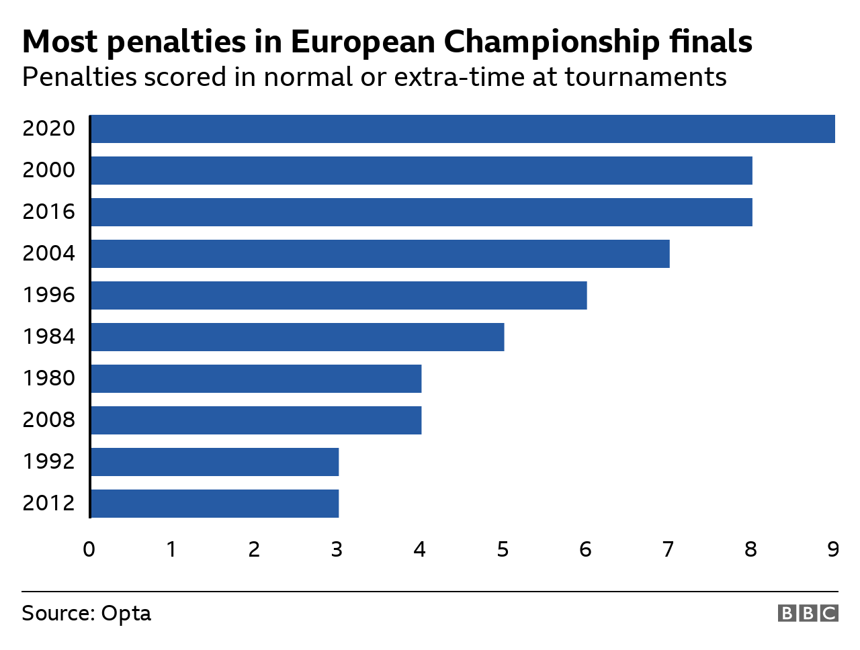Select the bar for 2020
462,129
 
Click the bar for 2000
421,171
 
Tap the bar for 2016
421,212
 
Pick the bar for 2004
380,254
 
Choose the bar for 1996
339,295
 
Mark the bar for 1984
297,337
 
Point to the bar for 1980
256,379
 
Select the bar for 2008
256,420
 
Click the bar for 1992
214,462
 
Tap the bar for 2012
214,504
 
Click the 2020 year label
48,128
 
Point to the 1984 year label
48,336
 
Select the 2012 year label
48,503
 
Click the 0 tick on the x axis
89,550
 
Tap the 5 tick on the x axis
503,550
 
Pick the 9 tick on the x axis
833,550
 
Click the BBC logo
808,613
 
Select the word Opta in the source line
126,614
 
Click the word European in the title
362,42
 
